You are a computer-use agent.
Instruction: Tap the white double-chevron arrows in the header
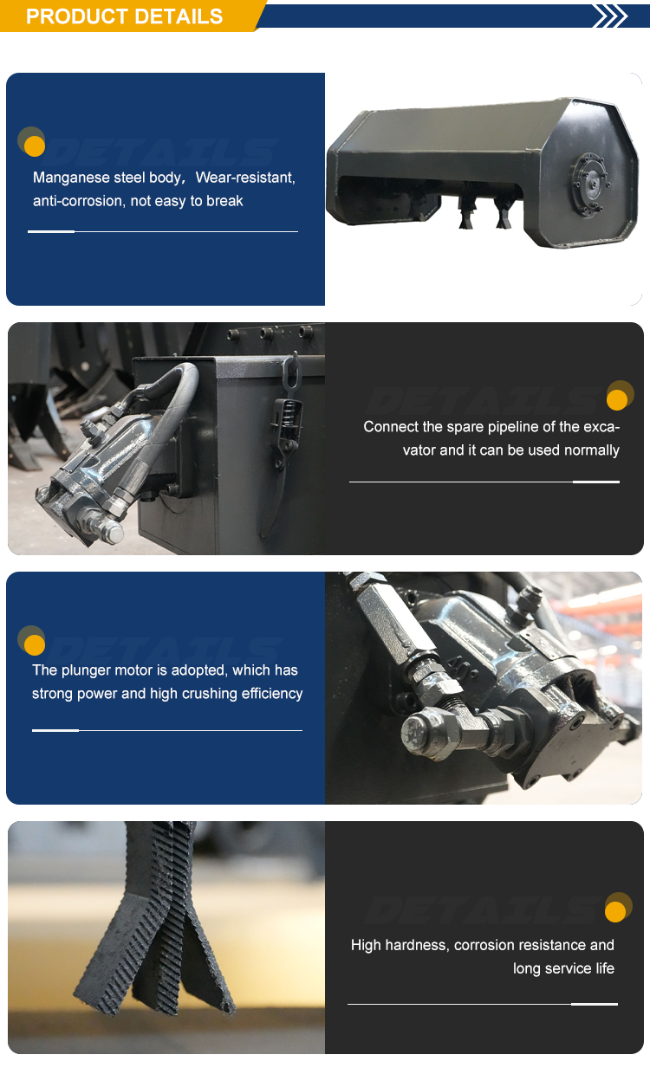point(611,16)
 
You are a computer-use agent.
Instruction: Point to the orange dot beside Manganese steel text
point(35,146)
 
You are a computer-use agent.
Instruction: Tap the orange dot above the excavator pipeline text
point(617,399)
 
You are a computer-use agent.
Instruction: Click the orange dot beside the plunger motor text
point(35,645)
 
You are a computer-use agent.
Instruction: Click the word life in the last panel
point(605,968)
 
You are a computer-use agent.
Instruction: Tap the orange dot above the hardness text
point(615,912)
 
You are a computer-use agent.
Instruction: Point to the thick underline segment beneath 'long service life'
point(595,1004)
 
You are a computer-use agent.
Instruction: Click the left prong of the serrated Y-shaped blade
point(112,966)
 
